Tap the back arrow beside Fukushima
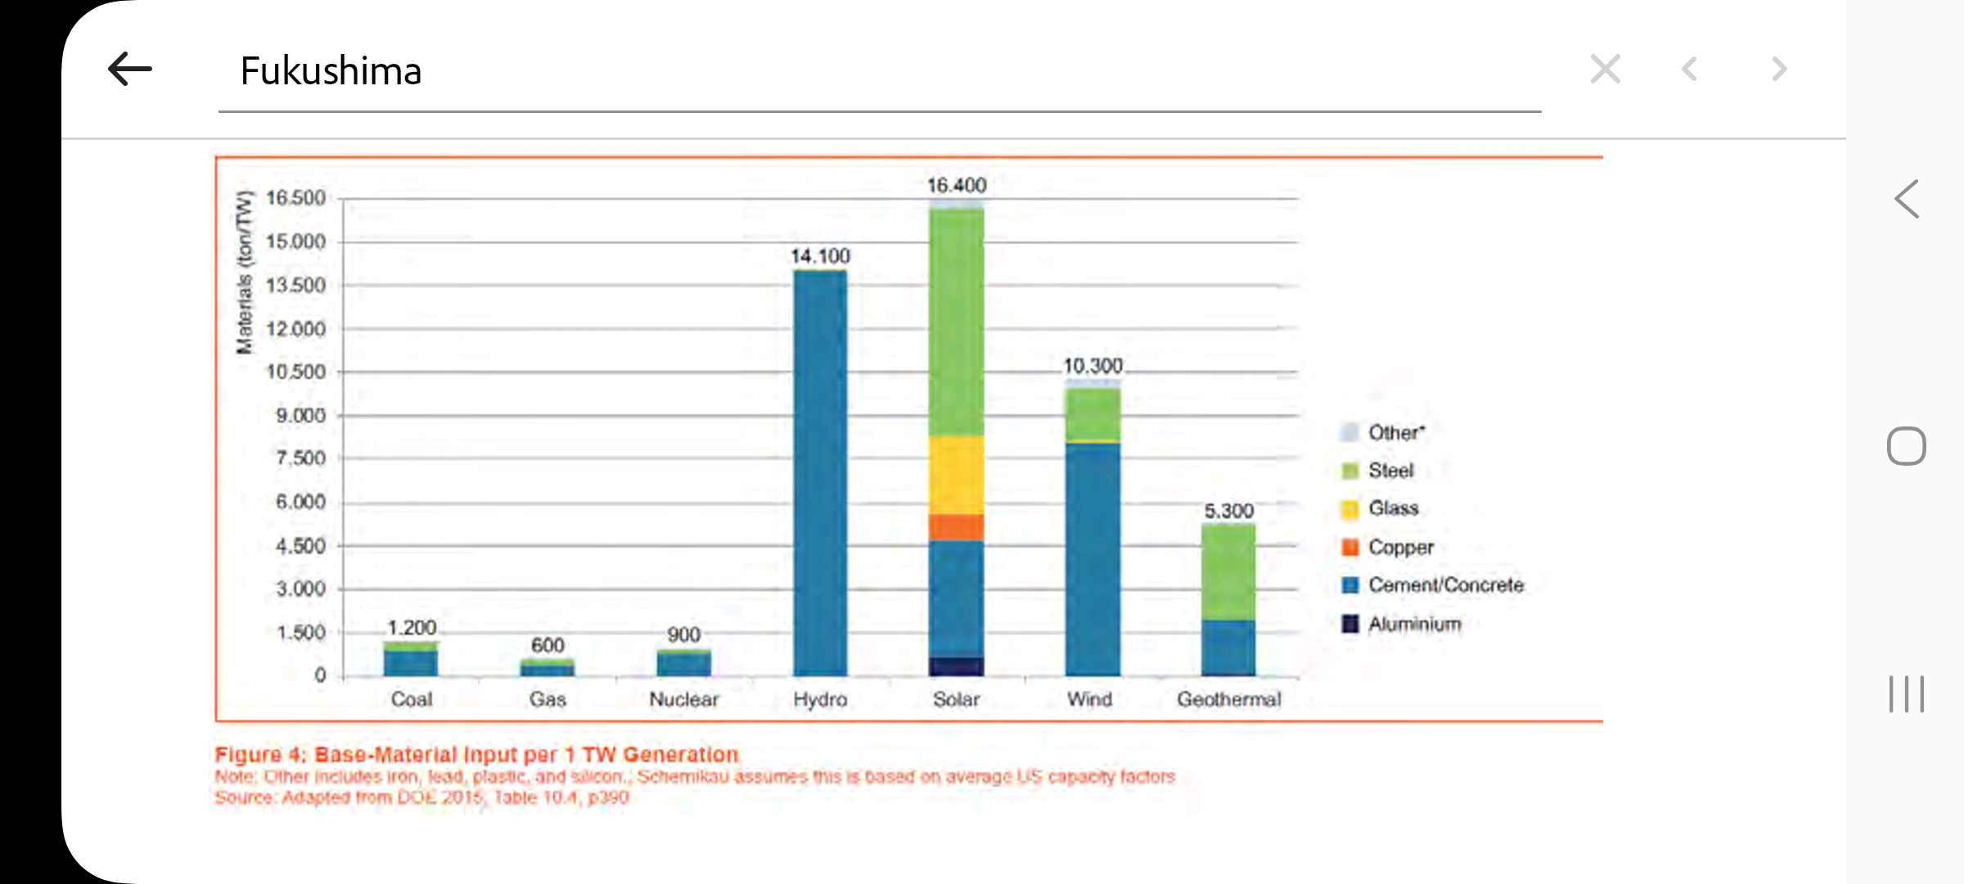[x=130, y=69]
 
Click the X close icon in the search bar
[x=1605, y=69]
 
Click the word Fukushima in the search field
[x=331, y=71]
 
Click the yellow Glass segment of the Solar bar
[x=957, y=475]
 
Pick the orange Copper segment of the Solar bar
[x=957, y=527]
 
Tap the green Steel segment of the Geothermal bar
[x=1228, y=571]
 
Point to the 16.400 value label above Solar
[x=957, y=186]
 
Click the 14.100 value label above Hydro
[x=820, y=256]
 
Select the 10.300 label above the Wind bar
[x=1092, y=366]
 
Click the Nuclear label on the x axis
[x=683, y=700]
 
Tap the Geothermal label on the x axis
[x=1228, y=700]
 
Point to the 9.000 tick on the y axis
[x=300, y=416]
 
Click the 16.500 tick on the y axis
[x=295, y=198]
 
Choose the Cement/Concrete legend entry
[x=1445, y=585]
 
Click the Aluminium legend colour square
[x=1350, y=624]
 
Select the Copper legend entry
[x=1400, y=547]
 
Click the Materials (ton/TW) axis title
[x=244, y=273]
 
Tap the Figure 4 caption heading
[x=476, y=755]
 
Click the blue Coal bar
[x=411, y=662]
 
